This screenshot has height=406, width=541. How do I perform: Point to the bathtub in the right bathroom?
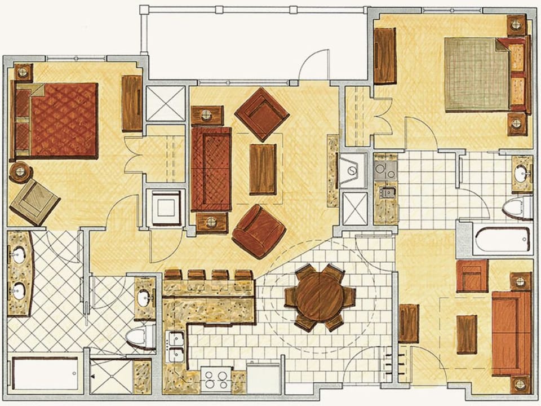[x=502, y=240]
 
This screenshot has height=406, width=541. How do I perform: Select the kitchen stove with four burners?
[x=216, y=378]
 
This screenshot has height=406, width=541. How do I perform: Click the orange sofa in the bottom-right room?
[x=511, y=333]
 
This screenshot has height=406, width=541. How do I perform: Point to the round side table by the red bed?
[x=21, y=171]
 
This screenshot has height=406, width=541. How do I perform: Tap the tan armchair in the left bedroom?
[x=34, y=201]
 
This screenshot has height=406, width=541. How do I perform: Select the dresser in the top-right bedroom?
[x=385, y=56]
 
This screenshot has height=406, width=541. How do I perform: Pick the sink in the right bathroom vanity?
[x=522, y=174]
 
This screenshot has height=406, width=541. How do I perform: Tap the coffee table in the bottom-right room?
[x=467, y=334]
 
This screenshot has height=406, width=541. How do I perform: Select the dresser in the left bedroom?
[x=132, y=103]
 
